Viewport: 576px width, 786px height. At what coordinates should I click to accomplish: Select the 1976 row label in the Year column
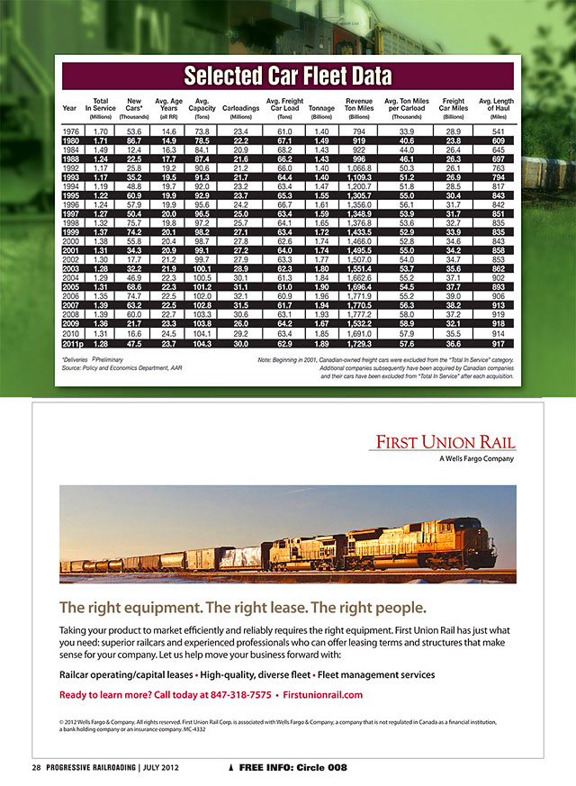point(69,131)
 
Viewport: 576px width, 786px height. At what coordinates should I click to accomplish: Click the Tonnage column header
point(321,108)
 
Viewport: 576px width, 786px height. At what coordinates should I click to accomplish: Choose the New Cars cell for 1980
point(134,141)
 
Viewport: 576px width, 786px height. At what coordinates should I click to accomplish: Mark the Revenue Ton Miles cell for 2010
point(358,332)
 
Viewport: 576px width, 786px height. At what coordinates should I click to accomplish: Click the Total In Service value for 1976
point(102,131)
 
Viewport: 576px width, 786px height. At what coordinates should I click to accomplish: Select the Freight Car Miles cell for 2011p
point(454,343)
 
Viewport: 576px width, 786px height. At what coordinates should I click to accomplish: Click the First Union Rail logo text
point(446,442)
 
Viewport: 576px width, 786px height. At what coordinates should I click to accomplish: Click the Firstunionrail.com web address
point(321,695)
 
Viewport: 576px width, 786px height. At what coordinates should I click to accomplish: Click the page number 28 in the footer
point(37,767)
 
